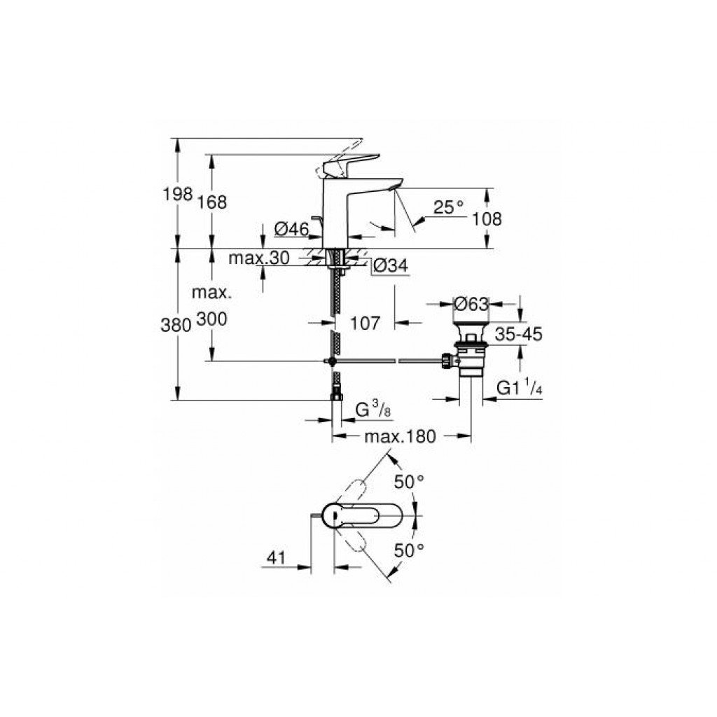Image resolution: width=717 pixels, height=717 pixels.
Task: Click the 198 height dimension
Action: [x=178, y=195]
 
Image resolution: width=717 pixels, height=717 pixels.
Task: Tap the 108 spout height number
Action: [x=487, y=219]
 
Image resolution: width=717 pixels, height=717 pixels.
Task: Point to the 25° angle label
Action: [x=448, y=207]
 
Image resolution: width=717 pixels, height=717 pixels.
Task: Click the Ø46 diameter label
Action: [x=292, y=229]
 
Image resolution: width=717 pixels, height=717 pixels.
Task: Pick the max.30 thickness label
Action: [x=259, y=258]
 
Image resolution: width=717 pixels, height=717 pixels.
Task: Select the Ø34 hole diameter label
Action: [x=391, y=265]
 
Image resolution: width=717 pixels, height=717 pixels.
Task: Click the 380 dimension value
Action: [x=176, y=325]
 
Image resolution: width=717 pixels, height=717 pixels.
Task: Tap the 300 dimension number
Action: [x=211, y=319]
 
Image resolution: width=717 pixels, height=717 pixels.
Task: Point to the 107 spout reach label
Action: [x=365, y=323]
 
